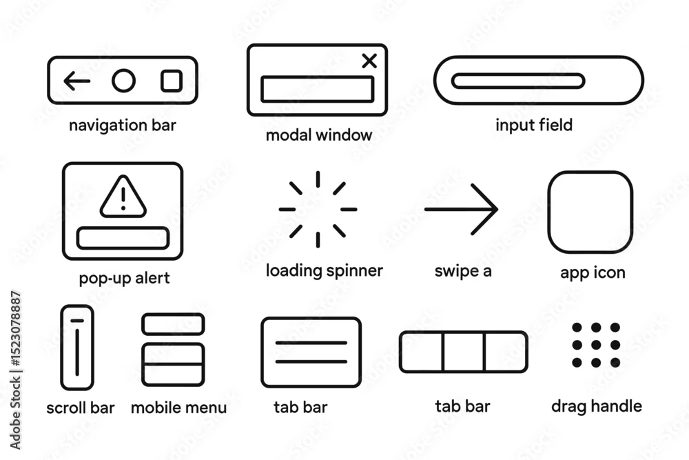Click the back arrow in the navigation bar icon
[77, 81]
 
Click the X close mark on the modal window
[369, 61]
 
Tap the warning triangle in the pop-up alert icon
[123, 215]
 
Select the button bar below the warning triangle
[123, 228]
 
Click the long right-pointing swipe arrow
[462, 210]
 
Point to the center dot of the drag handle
[596, 345]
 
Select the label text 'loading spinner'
[325, 270]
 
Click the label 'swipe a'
[463, 271]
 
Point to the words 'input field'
[534, 125]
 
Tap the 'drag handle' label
[596, 406]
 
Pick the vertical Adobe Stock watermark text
[15, 370]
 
